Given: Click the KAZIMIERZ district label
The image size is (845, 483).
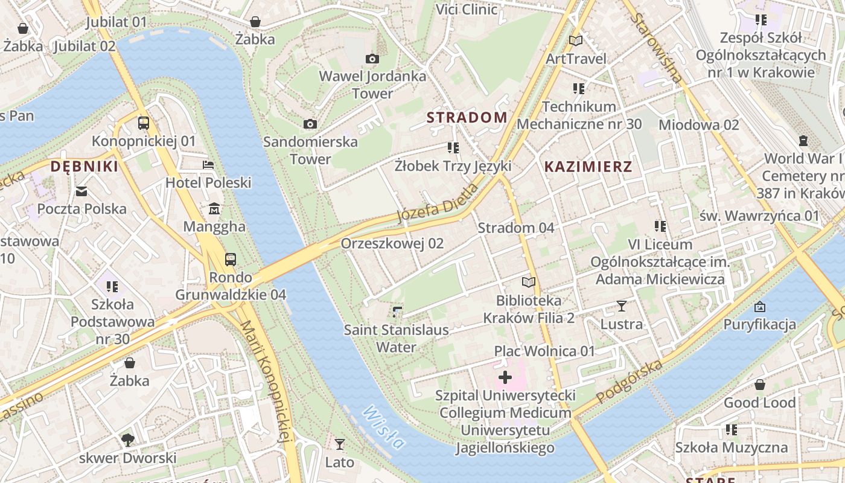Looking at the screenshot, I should click(x=588, y=167).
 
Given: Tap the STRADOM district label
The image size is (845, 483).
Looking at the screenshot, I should click(x=467, y=117).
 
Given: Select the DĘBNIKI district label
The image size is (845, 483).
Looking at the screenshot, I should click(x=84, y=167).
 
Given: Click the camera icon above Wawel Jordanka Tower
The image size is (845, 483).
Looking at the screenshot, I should click(x=372, y=59).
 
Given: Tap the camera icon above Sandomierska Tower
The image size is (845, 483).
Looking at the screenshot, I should click(x=310, y=124).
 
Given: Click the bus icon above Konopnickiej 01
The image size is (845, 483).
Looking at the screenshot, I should click(x=144, y=123).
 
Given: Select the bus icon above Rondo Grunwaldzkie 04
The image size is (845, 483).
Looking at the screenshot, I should click(x=231, y=260).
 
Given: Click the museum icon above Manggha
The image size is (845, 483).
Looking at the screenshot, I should click(x=214, y=209).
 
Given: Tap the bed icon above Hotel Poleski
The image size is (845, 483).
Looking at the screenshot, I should click(x=208, y=164).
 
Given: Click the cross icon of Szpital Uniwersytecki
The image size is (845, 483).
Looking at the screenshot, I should click(x=505, y=378).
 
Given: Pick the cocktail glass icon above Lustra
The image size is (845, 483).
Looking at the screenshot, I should click(x=621, y=306).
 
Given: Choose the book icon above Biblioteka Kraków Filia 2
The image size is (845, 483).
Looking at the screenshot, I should click(x=528, y=282).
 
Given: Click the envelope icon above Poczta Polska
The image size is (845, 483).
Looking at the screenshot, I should click(x=81, y=191).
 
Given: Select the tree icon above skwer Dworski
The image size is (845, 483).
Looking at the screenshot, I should click(x=127, y=440).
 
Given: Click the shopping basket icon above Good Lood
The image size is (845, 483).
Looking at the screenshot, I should click(x=759, y=385).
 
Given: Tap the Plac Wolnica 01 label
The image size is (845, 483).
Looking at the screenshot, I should click(x=544, y=351).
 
